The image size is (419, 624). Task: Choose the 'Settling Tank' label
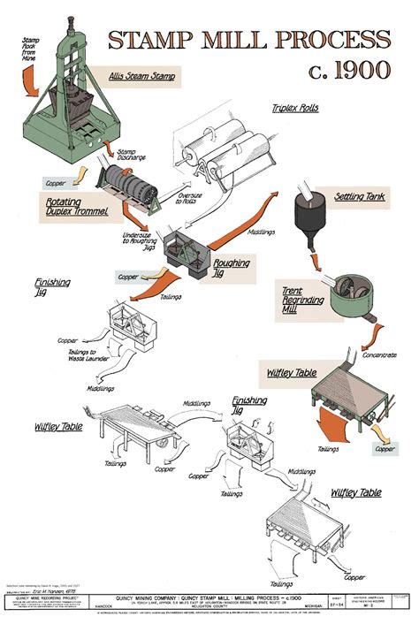point(359,195)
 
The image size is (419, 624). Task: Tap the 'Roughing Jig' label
point(232,267)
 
